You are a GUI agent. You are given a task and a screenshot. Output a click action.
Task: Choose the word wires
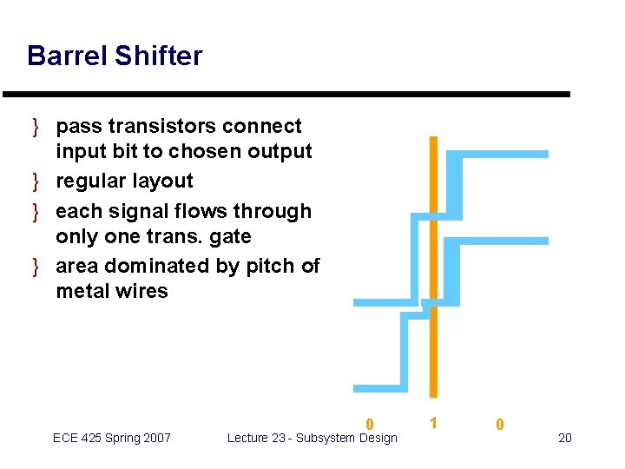pos(142,291)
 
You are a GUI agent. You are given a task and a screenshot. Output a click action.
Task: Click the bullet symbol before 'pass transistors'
pos(36,127)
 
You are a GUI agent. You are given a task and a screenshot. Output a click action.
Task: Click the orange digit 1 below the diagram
pos(433,423)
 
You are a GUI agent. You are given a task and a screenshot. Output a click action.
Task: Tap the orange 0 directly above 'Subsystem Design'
pos(370,425)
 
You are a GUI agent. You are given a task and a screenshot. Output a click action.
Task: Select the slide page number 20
pos(564,438)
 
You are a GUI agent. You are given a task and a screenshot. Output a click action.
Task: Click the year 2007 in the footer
pos(155,438)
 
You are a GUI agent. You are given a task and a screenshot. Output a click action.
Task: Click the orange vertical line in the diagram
pos(434,261)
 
